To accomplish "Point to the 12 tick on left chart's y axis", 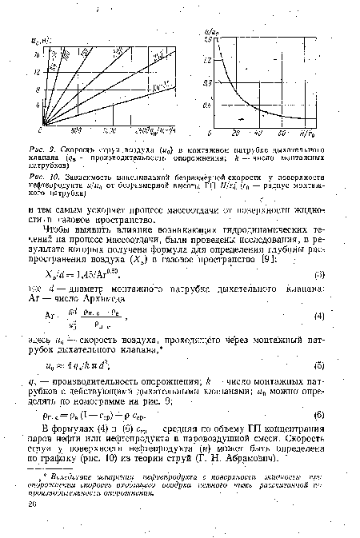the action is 34,72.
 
